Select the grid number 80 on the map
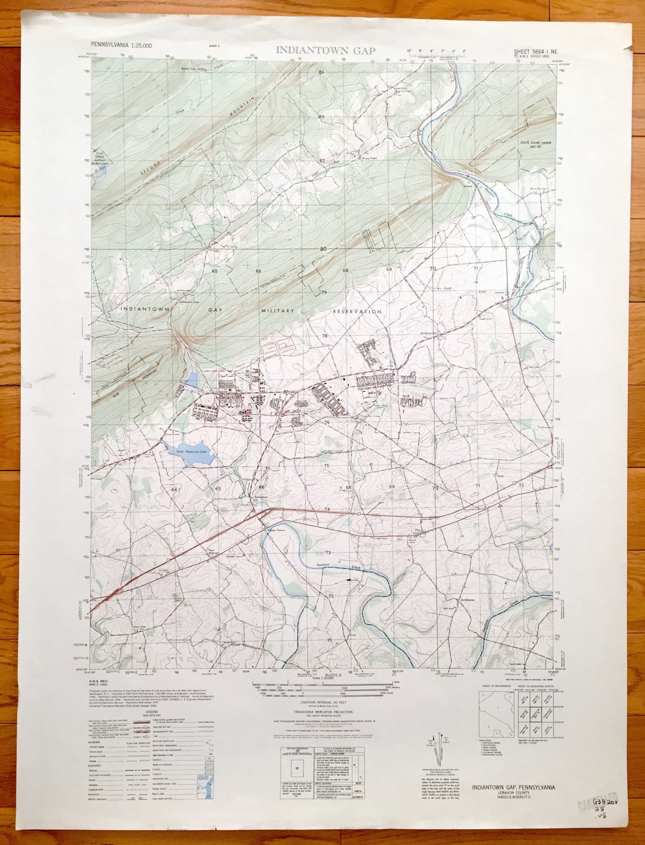[x=323, y=248]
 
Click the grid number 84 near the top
[x=322, y=73]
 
